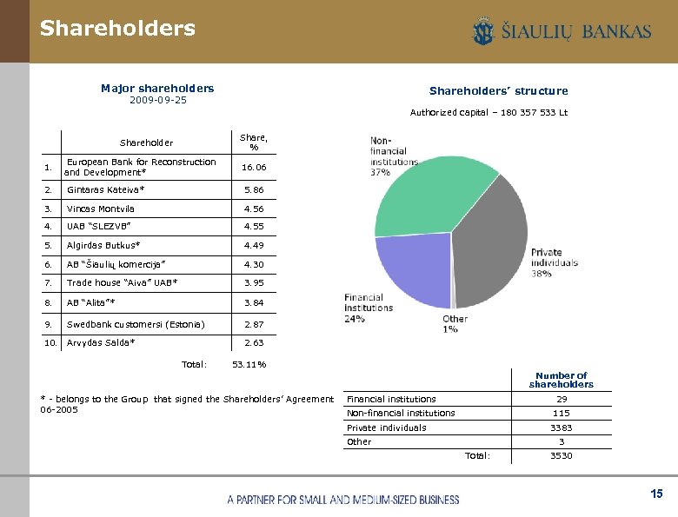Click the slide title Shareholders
pyautogui.click(x=117, y=29)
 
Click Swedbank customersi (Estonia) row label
pyautogui.click(x=136, y=324)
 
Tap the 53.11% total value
pyautogui.click(x=249, y=364)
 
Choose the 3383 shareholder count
pyautogui.click(x=562, y=428)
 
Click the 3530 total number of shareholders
pyautogui.click(x=562, y=455)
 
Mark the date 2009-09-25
pyautogui.click(x=157, y=100)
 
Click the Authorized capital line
pyautogui.click(x=489, y=112)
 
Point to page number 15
pyautogui.click(x=656, y=494)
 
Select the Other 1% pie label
pyautogui.click(x=455, y=324)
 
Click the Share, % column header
pyautogui.click(x=254, y=142)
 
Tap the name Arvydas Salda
pyautogui.click(x=101, y=342)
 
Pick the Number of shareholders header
pyautogui.click(x=561, y=380)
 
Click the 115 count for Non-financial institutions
pyautogui.click(x=562, y=413)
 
